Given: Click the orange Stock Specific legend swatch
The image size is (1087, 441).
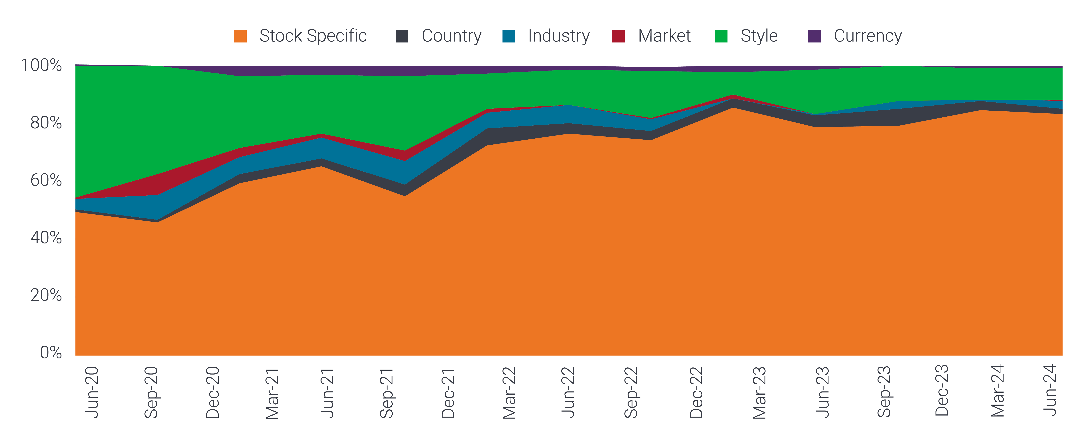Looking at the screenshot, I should click(240, 36).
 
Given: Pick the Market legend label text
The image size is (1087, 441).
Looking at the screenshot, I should click(664, 36).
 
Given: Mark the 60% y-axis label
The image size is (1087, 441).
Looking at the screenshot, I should click(46, 180).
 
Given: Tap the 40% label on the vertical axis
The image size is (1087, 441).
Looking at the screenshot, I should click(46, 238).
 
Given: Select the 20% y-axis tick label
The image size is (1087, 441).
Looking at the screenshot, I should click(46, 295).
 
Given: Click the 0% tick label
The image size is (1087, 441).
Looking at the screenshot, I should click(51, 352).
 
